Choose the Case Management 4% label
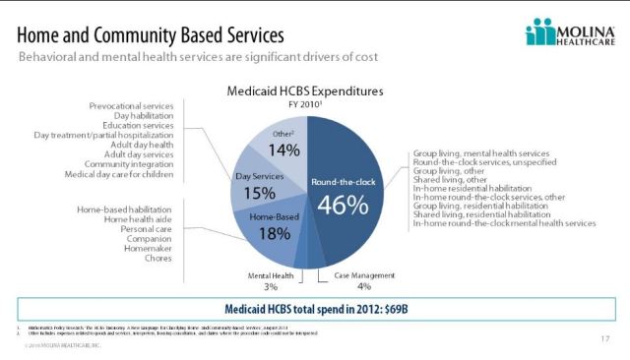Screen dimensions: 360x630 pos(363,281)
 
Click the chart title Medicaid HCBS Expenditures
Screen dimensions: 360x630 pos(314,90)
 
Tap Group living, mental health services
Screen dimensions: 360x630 pos(479,154)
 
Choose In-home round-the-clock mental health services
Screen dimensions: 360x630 pos(504,223)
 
